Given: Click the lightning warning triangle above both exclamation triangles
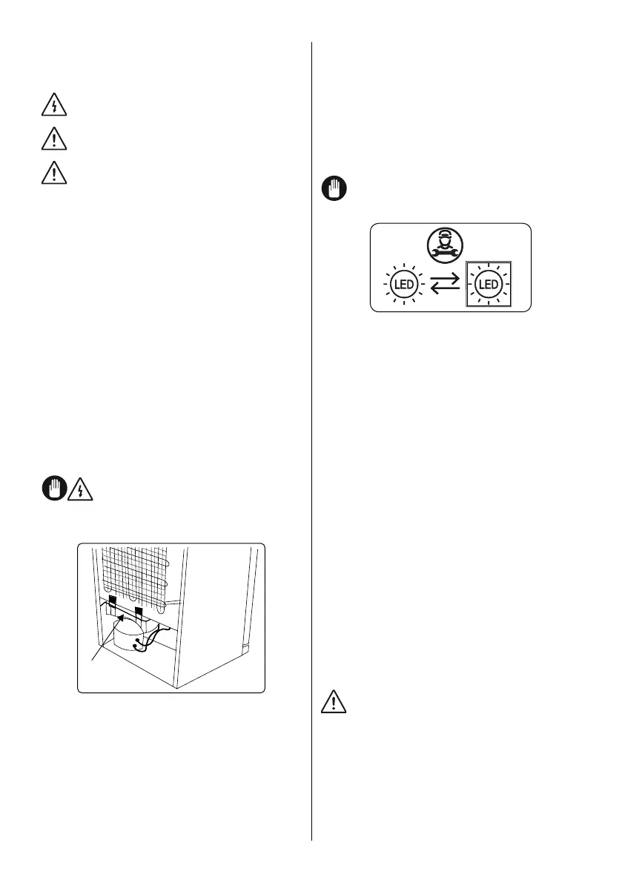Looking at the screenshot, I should coord(53,107).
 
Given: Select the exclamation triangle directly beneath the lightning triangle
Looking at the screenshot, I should coord(53,139).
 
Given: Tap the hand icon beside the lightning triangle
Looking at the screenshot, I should coord(53,491).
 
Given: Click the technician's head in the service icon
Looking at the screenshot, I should coord(443,239).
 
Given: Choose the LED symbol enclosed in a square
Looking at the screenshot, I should coord(488,284).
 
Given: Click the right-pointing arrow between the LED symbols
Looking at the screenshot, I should coord(444,279).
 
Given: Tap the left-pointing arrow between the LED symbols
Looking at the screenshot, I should coord(444,290).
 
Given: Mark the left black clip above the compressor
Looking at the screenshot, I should coord(111,601).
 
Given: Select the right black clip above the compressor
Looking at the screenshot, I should coord(139,612).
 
